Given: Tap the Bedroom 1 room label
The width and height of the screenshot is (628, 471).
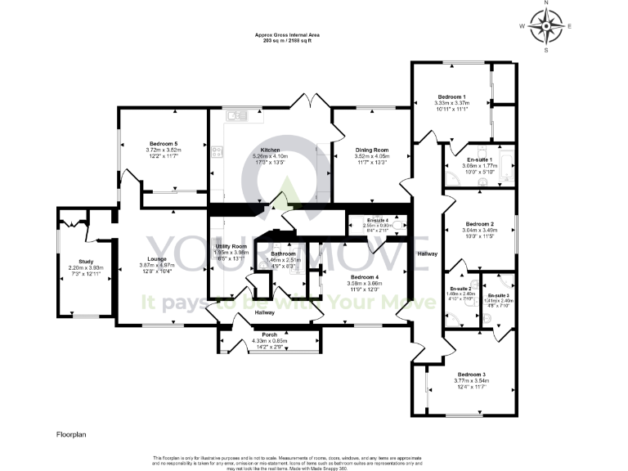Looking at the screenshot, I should point(451,97).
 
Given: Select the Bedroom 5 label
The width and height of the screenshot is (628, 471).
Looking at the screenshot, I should point(164,144).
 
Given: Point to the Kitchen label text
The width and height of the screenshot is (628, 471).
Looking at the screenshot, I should point(271,150).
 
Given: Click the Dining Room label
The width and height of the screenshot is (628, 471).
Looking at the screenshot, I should point(371,150).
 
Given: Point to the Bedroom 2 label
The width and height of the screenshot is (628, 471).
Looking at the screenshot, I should point(480,224).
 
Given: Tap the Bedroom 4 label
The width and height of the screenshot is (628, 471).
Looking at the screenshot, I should point(357,277).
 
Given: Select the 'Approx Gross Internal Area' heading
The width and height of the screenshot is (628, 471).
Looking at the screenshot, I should point(287,34).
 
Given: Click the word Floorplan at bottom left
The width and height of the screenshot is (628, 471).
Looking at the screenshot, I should point(71,434).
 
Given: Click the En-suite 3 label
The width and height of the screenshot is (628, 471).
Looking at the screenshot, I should point(499,295).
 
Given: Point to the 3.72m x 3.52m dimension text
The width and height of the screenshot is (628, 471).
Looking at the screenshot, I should point(164,150).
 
